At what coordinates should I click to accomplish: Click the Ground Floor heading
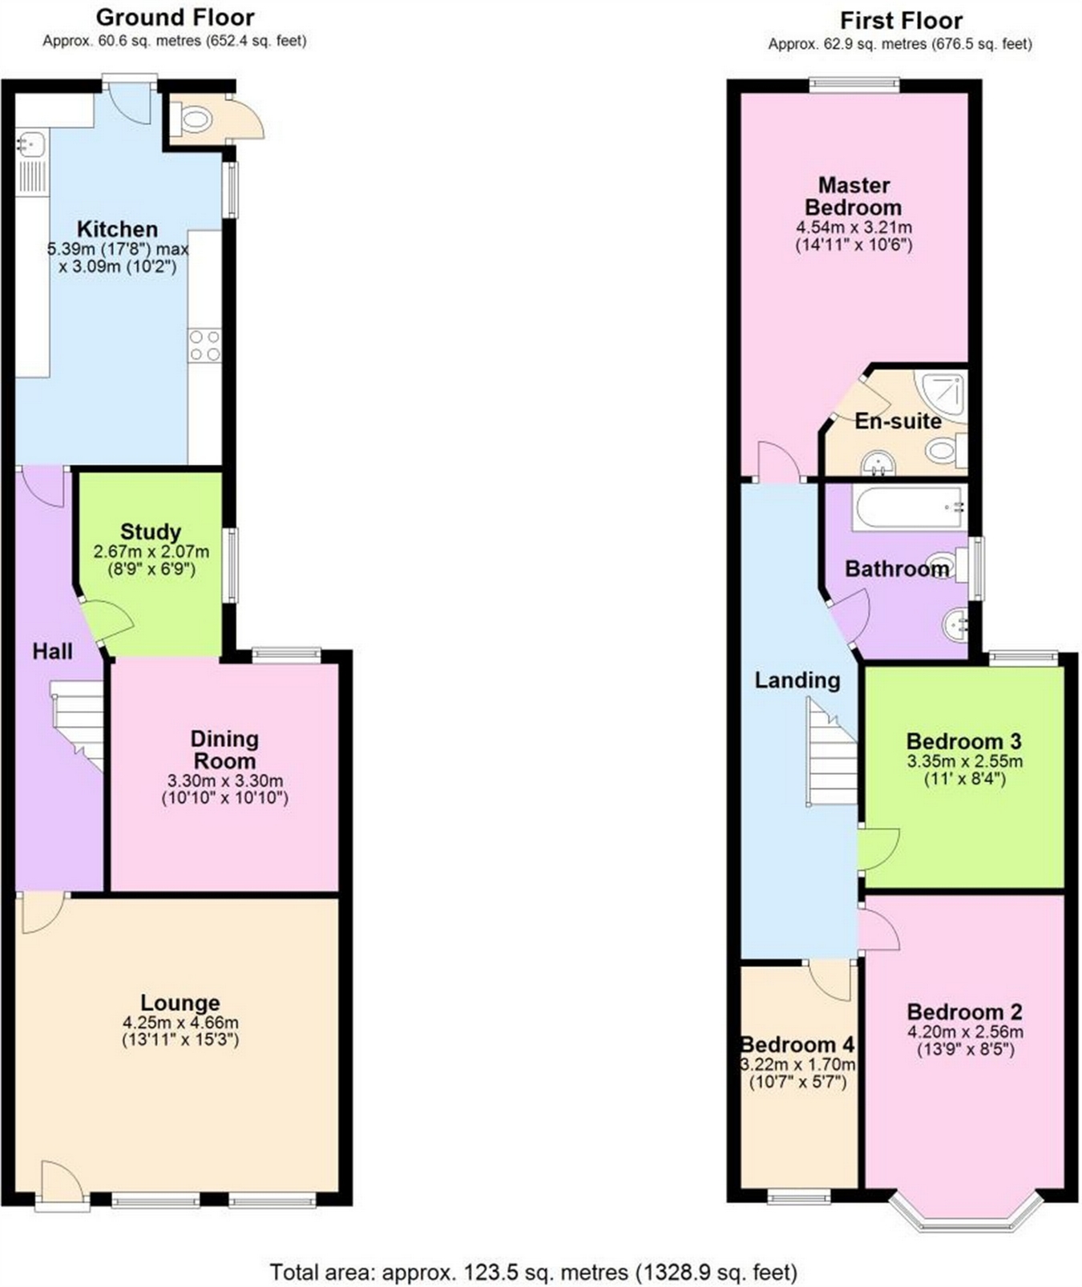(175, 17)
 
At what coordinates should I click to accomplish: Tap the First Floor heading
(900, 20)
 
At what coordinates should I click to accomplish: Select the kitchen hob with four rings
(204, 345)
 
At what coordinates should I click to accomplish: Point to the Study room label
(150, 531)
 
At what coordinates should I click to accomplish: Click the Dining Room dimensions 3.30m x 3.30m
(224, 781)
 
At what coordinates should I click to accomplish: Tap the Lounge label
(180, 1003)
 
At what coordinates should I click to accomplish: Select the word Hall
(52, 652)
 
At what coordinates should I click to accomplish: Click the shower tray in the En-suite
(943, 392)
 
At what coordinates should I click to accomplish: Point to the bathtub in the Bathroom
(908, 507)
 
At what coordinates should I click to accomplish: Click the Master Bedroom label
(854, 196)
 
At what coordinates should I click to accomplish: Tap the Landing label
(797, 680)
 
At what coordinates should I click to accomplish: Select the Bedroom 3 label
(963, 741)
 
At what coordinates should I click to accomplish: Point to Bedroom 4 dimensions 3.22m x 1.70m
(797, 1065)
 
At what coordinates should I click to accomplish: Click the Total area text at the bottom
(533, 1272)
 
